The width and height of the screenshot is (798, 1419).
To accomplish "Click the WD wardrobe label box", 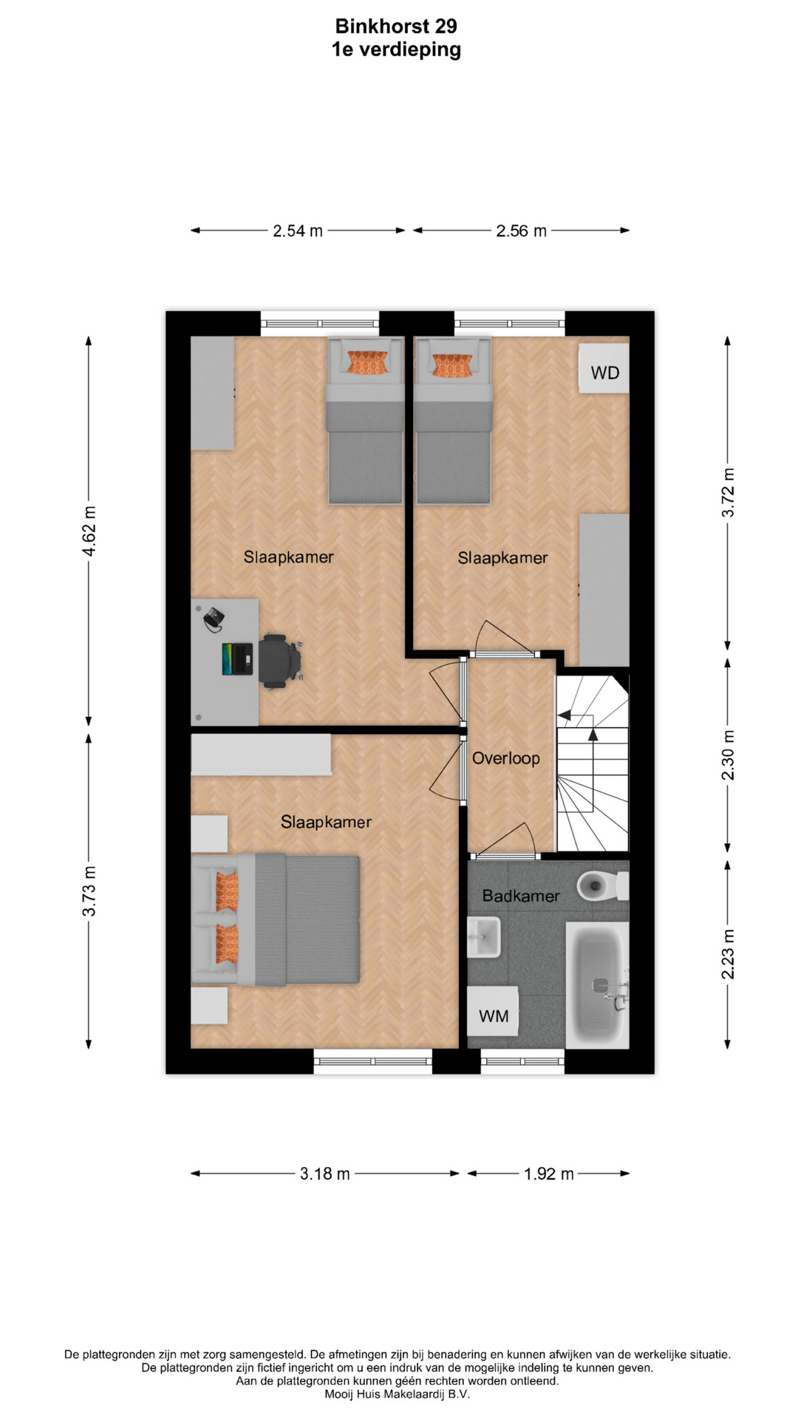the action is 604,369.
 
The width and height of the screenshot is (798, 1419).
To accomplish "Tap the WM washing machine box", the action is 493,1012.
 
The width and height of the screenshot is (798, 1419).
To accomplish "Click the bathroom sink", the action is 484,936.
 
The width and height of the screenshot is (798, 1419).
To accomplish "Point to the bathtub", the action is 598,984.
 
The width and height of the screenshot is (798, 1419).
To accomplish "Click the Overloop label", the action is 506,758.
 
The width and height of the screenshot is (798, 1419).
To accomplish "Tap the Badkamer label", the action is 521,896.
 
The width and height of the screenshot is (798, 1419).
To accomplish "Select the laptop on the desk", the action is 237,659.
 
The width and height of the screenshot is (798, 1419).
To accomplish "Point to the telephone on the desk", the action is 214,619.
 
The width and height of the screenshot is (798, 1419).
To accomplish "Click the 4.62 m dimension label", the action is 89,531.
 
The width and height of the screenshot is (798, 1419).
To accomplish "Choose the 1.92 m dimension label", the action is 549,1174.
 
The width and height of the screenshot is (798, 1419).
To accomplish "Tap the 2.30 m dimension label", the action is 729,755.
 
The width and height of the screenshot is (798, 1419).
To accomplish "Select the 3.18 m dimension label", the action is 325,1174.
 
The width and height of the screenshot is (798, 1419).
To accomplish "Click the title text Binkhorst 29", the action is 396,27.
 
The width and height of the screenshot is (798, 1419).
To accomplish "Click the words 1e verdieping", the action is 396,50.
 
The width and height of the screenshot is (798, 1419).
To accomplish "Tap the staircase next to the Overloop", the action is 593,763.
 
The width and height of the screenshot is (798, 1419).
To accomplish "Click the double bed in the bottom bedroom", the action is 276,920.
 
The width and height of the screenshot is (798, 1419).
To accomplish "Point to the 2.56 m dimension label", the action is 522,231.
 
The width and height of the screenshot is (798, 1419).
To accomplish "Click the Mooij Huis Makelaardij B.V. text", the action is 398,1395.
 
